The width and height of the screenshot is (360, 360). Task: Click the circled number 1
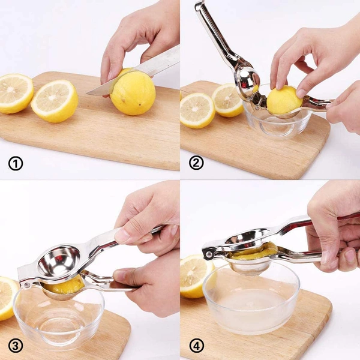pos(16,163)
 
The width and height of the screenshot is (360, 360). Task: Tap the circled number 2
pos(196,163)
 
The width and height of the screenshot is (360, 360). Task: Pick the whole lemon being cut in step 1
pos(133,93)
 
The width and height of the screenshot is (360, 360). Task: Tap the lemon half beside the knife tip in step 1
pos(55,101)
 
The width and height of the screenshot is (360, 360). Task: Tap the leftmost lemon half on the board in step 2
pos(197,110)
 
